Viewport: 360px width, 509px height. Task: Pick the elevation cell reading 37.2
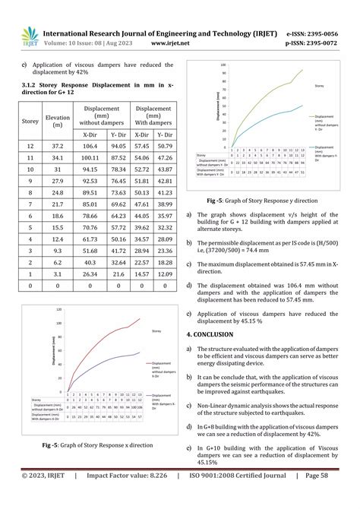click(x=48, y=145)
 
